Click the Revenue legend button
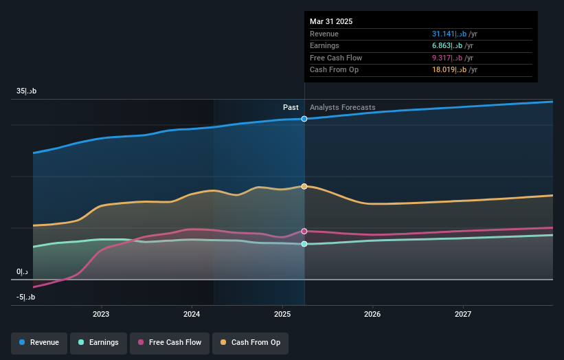(39, 342)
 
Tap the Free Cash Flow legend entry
(169, 342)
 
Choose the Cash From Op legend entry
(251, 342)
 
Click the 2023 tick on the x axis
(101, 315)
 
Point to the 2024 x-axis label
(192, 315)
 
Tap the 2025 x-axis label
(282, 315)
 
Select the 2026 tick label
(372, 315)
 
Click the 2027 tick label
(463, 315)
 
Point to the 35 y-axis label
(26, 91)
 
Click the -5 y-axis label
(26, 297)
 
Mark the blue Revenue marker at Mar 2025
(304, 119)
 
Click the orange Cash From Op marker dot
(304, 186)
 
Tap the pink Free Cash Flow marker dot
(304, 232)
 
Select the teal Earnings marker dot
(304, 244)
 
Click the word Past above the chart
(291, 107)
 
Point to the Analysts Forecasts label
(343, 107)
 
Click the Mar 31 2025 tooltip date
(331, 21)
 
